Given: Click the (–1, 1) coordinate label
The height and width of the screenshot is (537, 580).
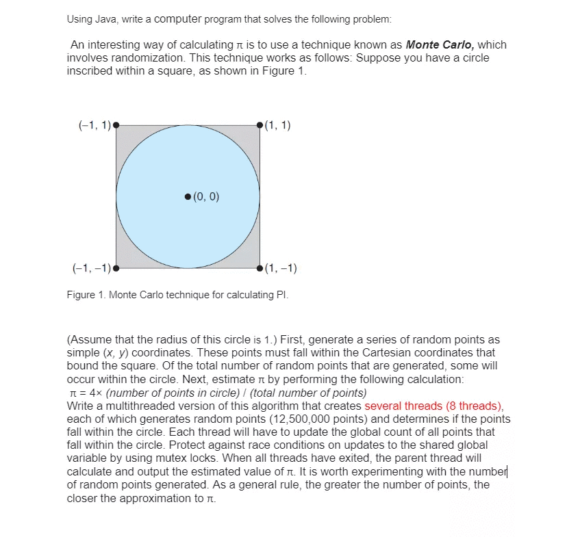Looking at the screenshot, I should (94, 125).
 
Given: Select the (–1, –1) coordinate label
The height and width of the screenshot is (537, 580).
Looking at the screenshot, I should (91, 267).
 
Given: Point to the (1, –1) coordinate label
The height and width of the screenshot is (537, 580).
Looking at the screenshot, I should (280, 267).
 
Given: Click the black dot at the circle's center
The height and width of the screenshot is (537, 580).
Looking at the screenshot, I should (188, 197).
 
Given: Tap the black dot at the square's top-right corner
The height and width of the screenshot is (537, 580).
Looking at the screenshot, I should (260, 125).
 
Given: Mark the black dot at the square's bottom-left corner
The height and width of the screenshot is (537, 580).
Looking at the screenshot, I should (116, 268).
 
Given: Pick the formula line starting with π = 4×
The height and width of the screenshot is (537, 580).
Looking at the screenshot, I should (218, 392).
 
